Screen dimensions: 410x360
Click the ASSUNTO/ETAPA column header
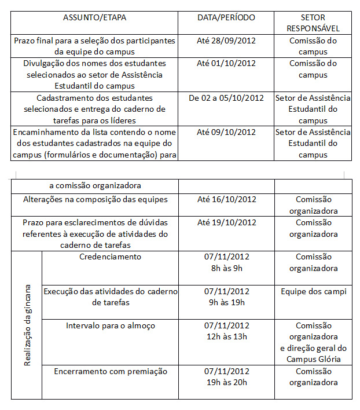click(x=94, y=17)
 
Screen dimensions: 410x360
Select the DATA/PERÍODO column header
click(x=226, y=17)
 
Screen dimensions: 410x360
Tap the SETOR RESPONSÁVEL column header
click(x=313, y=23)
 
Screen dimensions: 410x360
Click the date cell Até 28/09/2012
click(x=226, y=41)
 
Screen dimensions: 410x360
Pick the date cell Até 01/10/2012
click(x=226, y=63)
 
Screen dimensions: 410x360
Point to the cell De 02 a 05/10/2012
click(x=226, y=98)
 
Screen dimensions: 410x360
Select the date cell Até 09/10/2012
click(x=226, y=132)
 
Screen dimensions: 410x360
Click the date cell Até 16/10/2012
click(x=226, y=200)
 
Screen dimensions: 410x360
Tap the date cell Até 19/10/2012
click(x=226, y=222)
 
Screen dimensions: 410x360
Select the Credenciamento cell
click(x=110, y=257)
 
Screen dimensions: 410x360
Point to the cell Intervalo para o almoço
click(x=110, y=325)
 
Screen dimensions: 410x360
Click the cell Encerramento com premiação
click(x=110, y=371)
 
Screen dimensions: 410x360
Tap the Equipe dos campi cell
click(x=313, y=291)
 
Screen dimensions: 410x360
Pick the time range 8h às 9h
click(x=226, y=268)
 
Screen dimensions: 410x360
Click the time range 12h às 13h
click(x=226, y=336)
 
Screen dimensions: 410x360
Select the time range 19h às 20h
click(x=226, y=382)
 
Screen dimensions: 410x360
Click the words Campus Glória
click(x=313, y=359)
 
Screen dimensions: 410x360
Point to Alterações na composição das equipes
click(x=95, y=200)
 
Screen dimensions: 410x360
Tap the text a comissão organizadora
click(x=95, y=186)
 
